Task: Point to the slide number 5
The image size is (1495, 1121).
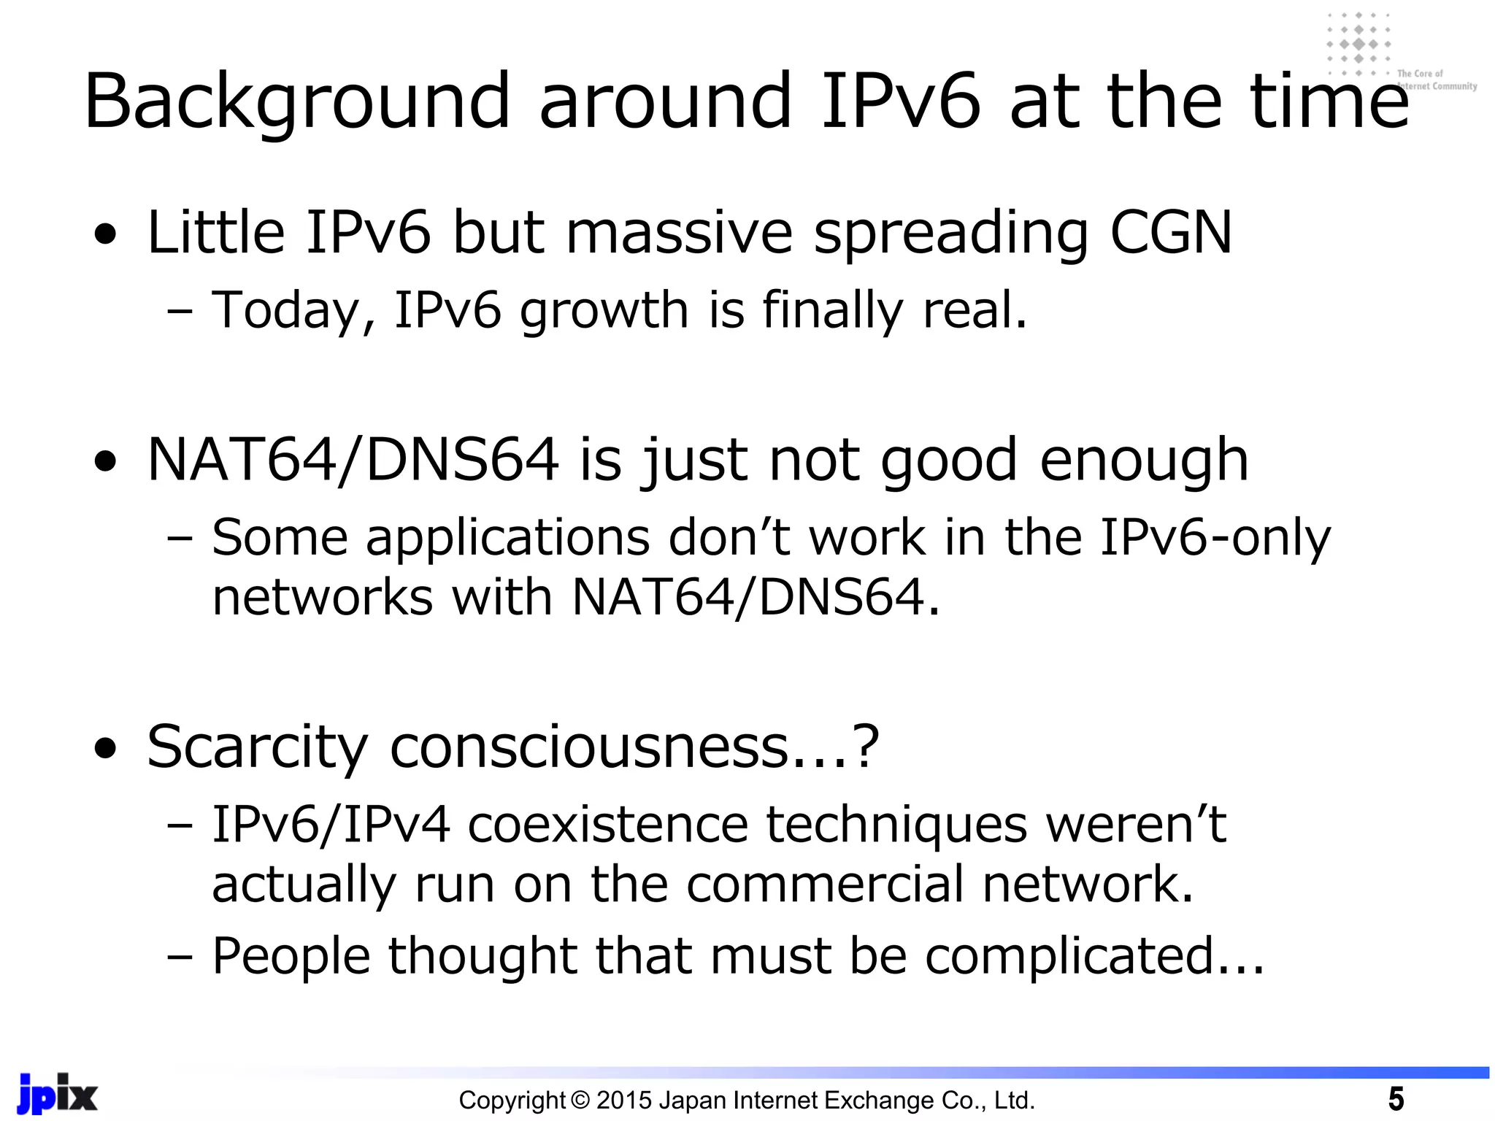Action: (1395, 1098)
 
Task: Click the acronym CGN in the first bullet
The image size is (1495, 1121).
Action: (1170, 232)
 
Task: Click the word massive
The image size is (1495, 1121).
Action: (679, 232)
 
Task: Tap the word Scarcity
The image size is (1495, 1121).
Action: (257, 747)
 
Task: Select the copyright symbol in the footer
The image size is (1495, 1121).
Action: (580, 1100)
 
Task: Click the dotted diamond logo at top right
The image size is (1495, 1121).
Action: (1358, 44)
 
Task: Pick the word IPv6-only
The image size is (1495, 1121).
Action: (1215, 538)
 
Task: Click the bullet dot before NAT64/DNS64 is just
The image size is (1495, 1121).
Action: (106, 461)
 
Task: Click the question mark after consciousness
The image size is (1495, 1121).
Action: (865, 747)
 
